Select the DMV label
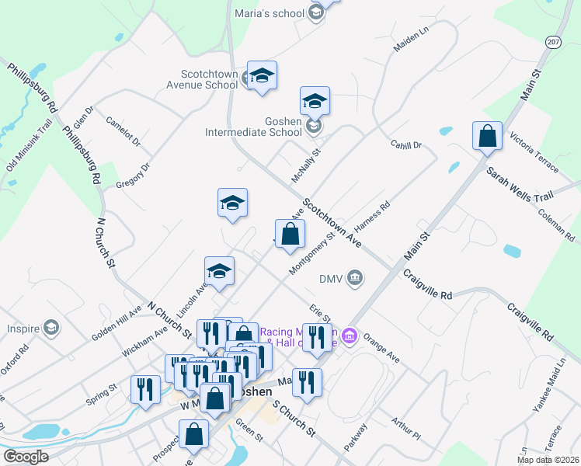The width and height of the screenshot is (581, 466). click(x=331, y=279)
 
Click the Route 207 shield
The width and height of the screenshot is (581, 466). click(x=553, y=41)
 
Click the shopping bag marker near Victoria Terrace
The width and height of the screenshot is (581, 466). click(x=487, y=137)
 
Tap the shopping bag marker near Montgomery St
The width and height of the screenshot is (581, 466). click(x=290, y=235)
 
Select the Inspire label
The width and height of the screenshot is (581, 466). click(x=24, y=329)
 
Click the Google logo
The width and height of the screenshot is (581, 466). click(x=26, y=457)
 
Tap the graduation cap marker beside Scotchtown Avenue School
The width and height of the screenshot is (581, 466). click(x=262, y=76)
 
